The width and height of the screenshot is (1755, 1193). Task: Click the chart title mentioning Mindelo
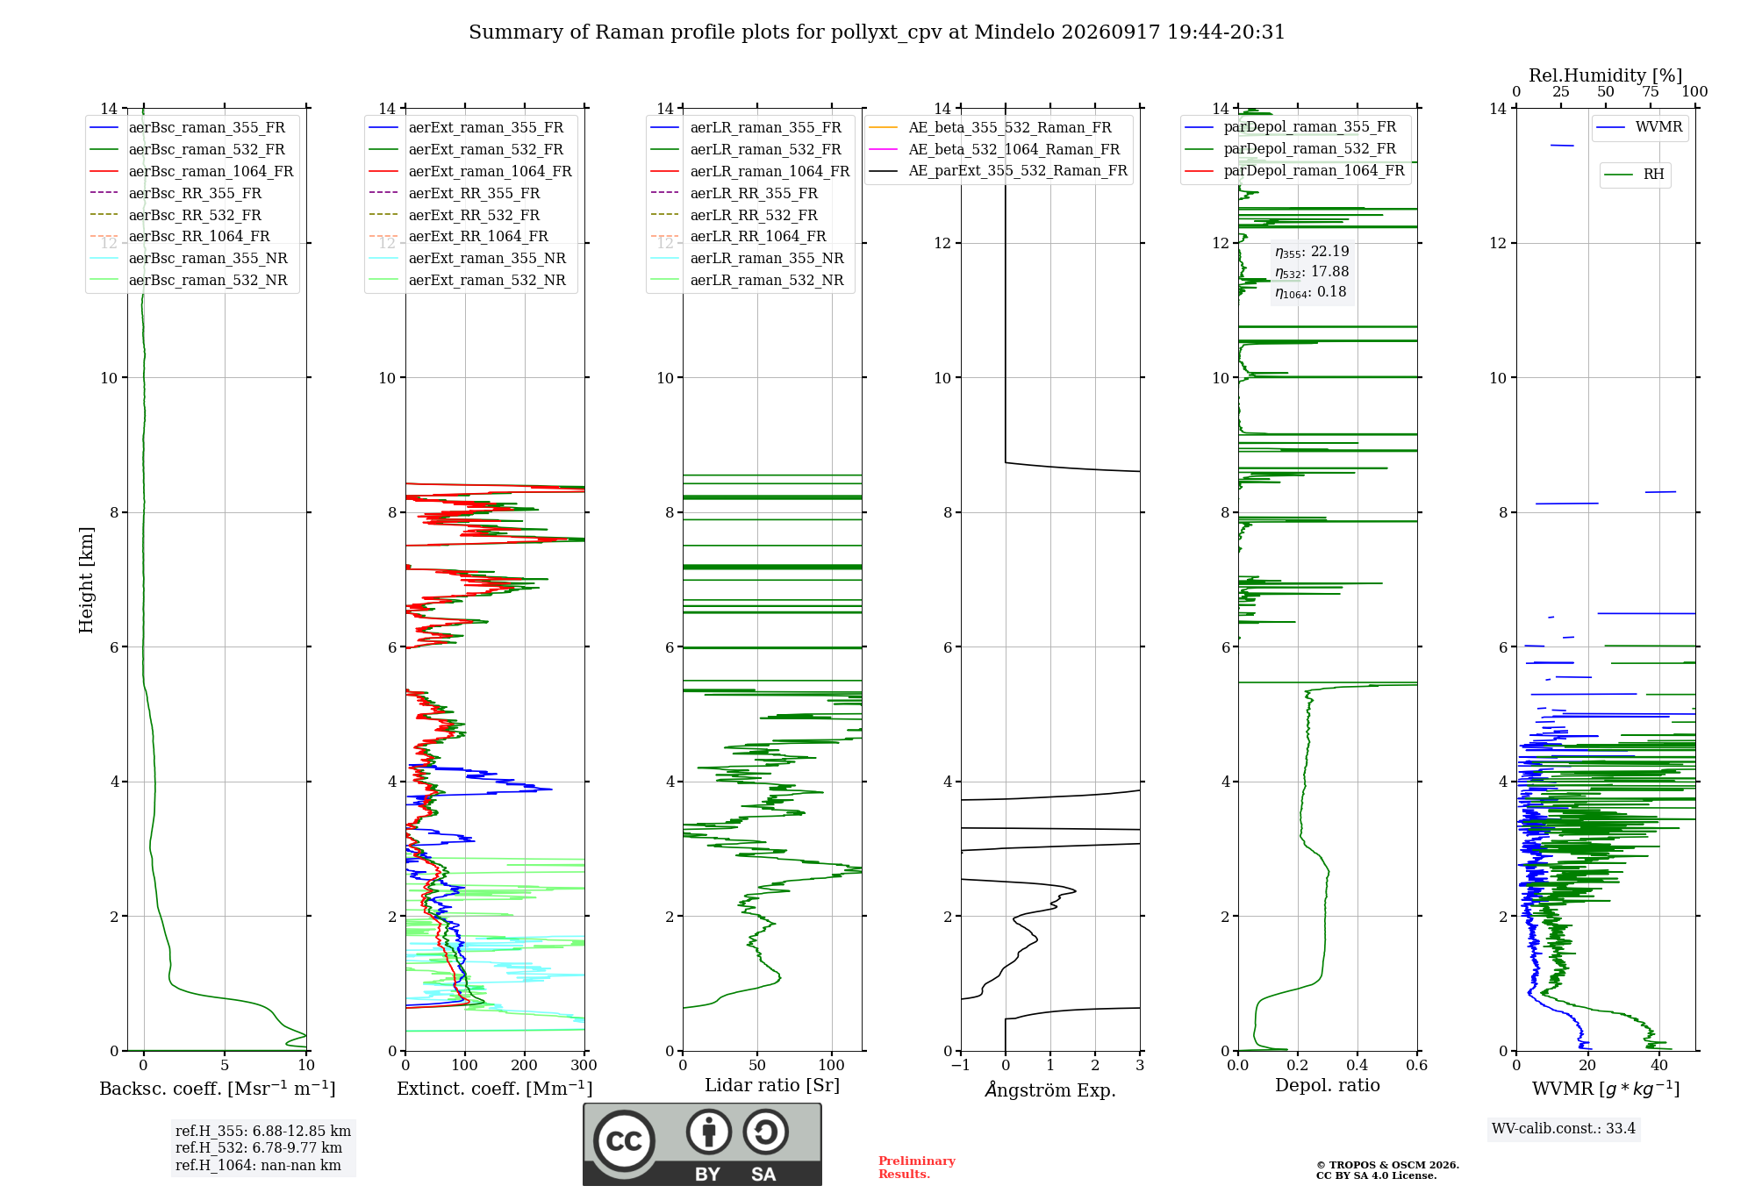point(877,32)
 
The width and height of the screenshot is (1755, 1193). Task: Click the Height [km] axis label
point(86,580)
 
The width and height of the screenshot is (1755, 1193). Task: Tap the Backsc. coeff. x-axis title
point(218,1089)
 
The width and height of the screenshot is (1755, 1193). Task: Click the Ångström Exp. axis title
point(1050,1089)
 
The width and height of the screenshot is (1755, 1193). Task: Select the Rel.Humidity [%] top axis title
point(1606,75)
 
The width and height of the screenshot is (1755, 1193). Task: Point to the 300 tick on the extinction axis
point(584,1066)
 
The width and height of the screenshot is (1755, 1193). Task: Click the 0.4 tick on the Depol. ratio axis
point(1357,1066)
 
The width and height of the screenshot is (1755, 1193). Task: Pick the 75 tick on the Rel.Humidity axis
point(1651,92)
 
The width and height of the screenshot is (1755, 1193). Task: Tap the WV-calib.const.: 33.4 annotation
point(1564,1129)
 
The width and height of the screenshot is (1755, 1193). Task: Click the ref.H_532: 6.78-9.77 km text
point(259,1148)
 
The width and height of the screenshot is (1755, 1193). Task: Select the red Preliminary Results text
point(917,1168)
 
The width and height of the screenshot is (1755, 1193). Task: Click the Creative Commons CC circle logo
point(624,1141)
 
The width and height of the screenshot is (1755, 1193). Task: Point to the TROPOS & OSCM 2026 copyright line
point(1387,1166)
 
